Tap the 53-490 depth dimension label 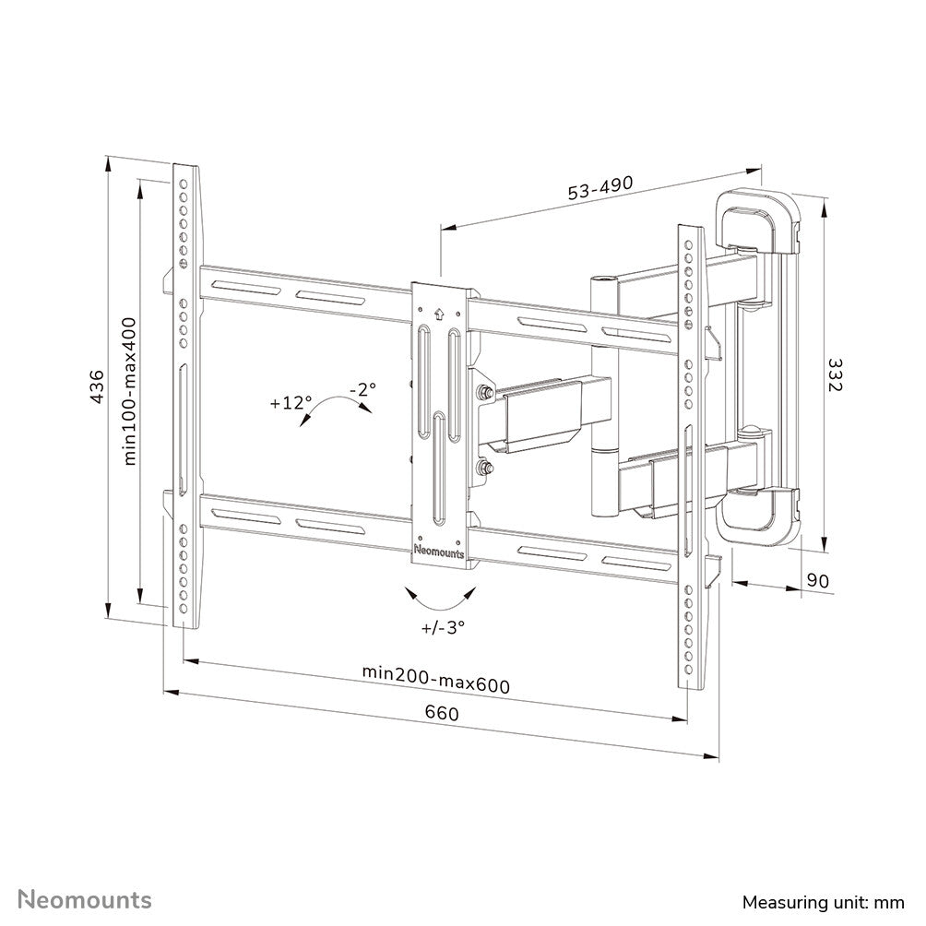point(600,187)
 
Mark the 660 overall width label point(441,713)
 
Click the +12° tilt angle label point(291,403)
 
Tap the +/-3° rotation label point(443,629)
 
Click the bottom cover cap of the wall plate point(758,516)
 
